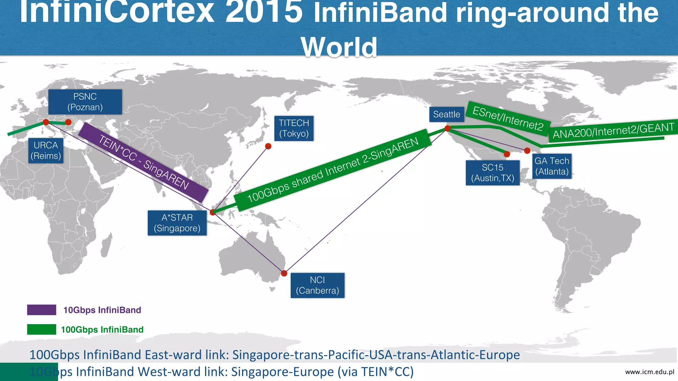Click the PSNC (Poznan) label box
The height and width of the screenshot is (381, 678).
point(85,102)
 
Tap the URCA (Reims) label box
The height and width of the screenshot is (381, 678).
point(46,150)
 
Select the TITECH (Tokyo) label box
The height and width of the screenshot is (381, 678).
point(294,128)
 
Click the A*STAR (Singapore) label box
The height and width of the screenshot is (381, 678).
point(177,223)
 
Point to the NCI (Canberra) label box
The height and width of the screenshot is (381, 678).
point(317,285)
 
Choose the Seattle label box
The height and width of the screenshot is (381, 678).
point(447,114)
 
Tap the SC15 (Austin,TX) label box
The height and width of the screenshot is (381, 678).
point(493,173)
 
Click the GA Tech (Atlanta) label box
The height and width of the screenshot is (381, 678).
point(552,166)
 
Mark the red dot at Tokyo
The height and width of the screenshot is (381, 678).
point(268,146)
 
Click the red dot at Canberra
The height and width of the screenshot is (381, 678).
point(284,273)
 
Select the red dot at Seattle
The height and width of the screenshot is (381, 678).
point(447,128)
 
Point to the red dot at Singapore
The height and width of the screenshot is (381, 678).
point(213,212)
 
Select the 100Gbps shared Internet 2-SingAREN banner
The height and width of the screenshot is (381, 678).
point(333,170)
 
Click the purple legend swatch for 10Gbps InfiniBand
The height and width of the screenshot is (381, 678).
point(42,310)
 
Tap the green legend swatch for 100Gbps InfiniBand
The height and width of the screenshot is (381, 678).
point(42,329)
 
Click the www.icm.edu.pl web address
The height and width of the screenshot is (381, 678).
point(650,372)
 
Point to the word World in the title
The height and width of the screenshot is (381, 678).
point(339,47)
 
